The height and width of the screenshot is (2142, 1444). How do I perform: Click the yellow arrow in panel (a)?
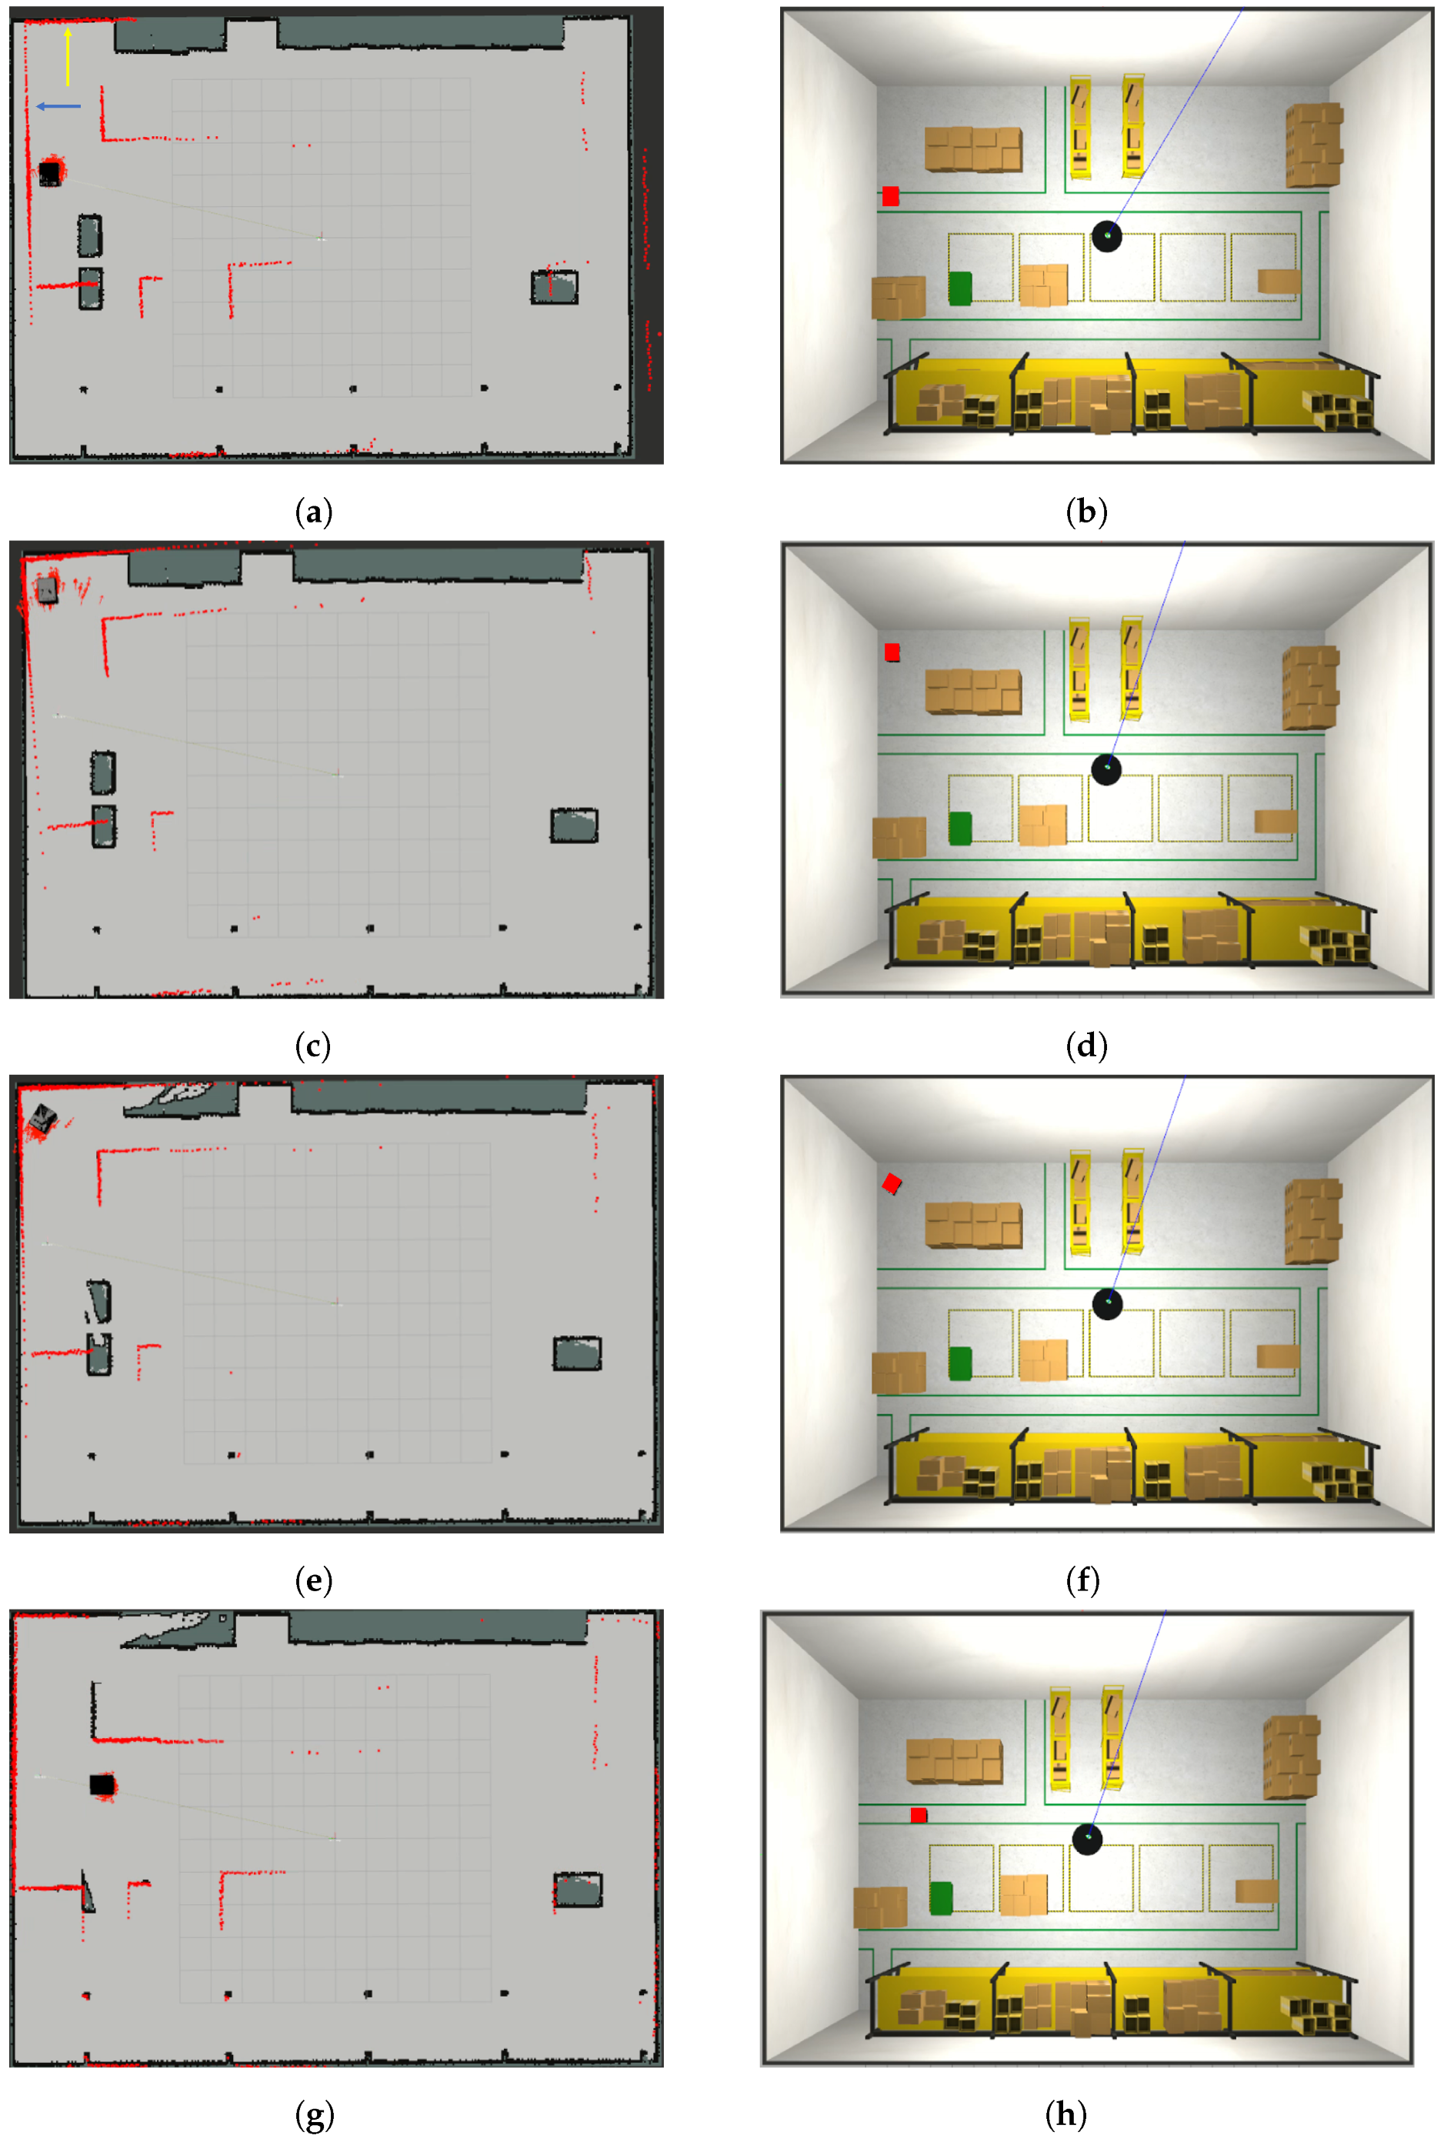coord(67,56)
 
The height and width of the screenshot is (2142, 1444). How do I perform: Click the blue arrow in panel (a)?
coord(58,106)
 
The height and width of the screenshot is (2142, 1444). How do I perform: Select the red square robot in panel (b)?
coord(889,195)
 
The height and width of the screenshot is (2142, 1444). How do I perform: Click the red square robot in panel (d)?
coord(892,652)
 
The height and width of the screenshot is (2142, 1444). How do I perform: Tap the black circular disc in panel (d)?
coord(1106,769)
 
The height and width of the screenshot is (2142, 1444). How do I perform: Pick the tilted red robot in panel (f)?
coord(892,1183)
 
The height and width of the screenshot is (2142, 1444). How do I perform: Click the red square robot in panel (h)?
coord(918,1815)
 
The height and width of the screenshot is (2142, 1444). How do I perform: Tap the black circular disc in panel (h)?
coord(1088,1840)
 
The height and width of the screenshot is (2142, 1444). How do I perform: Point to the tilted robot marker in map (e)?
coord(42,1119)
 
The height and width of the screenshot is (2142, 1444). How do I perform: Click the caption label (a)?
coord(313,512)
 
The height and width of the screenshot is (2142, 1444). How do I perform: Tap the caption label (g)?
coord(314,2114)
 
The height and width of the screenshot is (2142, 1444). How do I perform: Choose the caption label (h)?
coord(1065,2114)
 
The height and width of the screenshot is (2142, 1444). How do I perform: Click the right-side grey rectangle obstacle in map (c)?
coord(574,825)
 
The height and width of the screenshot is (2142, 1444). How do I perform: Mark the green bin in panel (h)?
coord(940,1898)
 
